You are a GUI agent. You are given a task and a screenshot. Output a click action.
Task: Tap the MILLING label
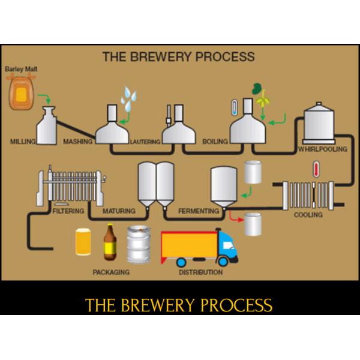pos(23,142)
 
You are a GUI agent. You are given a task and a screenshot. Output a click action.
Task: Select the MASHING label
pos(78,142)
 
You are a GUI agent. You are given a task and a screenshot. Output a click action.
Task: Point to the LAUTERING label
pos(145,142)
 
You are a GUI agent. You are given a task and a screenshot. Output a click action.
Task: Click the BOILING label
pos(215,142)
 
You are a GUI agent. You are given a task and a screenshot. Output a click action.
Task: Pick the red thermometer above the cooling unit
pos(315,169)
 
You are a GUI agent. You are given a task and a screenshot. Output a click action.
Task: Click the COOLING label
pos(307,214)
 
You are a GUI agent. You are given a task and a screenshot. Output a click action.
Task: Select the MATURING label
pos(119,211)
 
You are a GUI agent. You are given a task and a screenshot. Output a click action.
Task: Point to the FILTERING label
pos(68,211)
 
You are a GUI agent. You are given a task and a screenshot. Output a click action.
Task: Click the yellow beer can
pos(83,242)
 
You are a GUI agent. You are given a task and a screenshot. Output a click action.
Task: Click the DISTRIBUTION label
pos(200,272)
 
